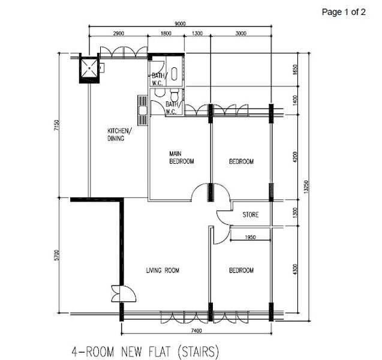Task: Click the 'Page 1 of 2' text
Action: [x=344, y=11]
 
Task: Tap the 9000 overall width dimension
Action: [x=179, y=23]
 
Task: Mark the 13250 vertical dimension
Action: [x=306, y=186]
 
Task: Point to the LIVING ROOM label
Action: [x=163, y=271]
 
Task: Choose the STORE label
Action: [x=251, y=214]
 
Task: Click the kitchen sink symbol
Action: [x=143, y=110]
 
